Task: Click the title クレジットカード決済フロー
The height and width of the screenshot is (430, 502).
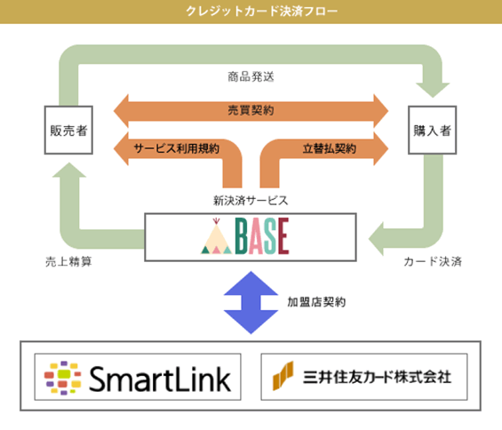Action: point(261,12)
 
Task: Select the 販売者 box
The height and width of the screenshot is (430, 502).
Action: point(68,130)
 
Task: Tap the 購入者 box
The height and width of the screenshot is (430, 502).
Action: point(432,130)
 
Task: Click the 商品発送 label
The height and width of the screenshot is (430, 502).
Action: point(251,76)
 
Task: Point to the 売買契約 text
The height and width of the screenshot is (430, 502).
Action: point(251,110)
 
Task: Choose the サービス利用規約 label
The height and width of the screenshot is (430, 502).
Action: point(177,148)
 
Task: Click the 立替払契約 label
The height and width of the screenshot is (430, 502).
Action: point(330,148)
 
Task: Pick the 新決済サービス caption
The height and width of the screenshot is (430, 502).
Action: point(251,201)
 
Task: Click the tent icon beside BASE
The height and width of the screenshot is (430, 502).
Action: point(217,236)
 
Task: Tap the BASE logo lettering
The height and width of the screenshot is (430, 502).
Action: point(262,236)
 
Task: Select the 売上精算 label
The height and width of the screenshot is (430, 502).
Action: point(68,262)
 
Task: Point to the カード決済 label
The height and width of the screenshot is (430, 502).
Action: point(433,261)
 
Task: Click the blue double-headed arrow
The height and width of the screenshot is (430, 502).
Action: point(251,303)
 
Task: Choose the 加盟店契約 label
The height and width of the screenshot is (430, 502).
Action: point(316,302)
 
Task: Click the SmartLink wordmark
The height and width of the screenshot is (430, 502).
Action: point(160,378)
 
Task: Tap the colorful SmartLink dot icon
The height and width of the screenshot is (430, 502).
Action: point(63,378)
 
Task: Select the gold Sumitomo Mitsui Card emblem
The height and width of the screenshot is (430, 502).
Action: point(283,376)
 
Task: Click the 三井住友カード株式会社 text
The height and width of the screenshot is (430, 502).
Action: point(377,377)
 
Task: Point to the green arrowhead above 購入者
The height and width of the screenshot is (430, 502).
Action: point(433,90)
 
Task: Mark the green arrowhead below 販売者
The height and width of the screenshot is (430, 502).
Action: point(69,170)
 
